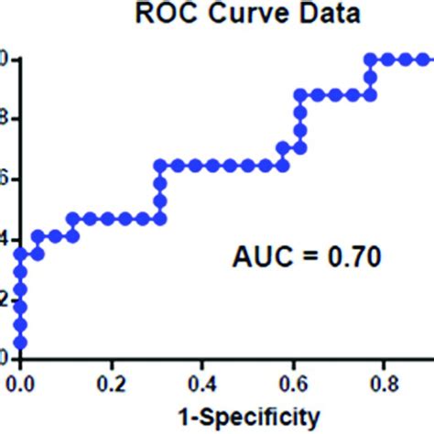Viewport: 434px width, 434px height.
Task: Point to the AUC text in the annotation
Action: tap(260, 258)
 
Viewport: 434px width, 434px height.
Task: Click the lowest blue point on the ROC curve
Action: tap(20, 343)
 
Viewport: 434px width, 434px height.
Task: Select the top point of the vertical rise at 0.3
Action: tap(160, 166)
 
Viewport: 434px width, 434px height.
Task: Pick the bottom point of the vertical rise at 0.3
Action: tap(160, 219)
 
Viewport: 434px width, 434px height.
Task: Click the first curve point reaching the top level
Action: tap(371, 60)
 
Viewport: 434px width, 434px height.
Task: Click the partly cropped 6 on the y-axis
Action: tap(5, 179)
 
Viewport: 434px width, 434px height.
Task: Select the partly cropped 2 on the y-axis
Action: tap(5, 298)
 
